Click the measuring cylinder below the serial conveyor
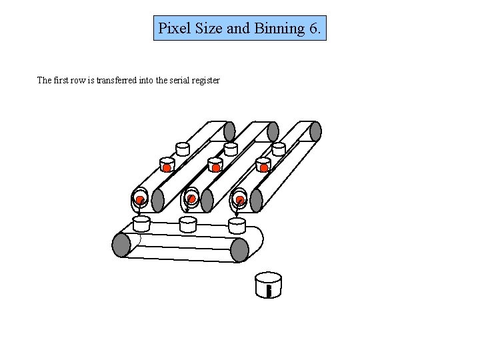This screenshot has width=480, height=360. coord(268,285)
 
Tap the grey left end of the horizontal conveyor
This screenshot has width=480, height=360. coord(121,245)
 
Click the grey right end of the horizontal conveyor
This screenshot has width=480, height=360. coord(239,250)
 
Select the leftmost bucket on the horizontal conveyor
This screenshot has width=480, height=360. coord(141,222)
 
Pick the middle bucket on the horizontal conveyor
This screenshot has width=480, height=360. coord(188,223)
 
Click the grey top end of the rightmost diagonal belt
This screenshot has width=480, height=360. coord(315,131)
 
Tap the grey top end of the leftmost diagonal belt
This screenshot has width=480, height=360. coord(229,131)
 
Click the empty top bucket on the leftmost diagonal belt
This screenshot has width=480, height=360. coord(183,148)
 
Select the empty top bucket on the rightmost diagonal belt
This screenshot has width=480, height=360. coord(279,148)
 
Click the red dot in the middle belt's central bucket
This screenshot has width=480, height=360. coord(215,167)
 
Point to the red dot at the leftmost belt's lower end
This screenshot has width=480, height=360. coord(140,200)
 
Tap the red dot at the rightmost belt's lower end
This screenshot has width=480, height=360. coord(240,200)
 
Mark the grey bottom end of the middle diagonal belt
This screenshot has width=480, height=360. coord(207,201)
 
